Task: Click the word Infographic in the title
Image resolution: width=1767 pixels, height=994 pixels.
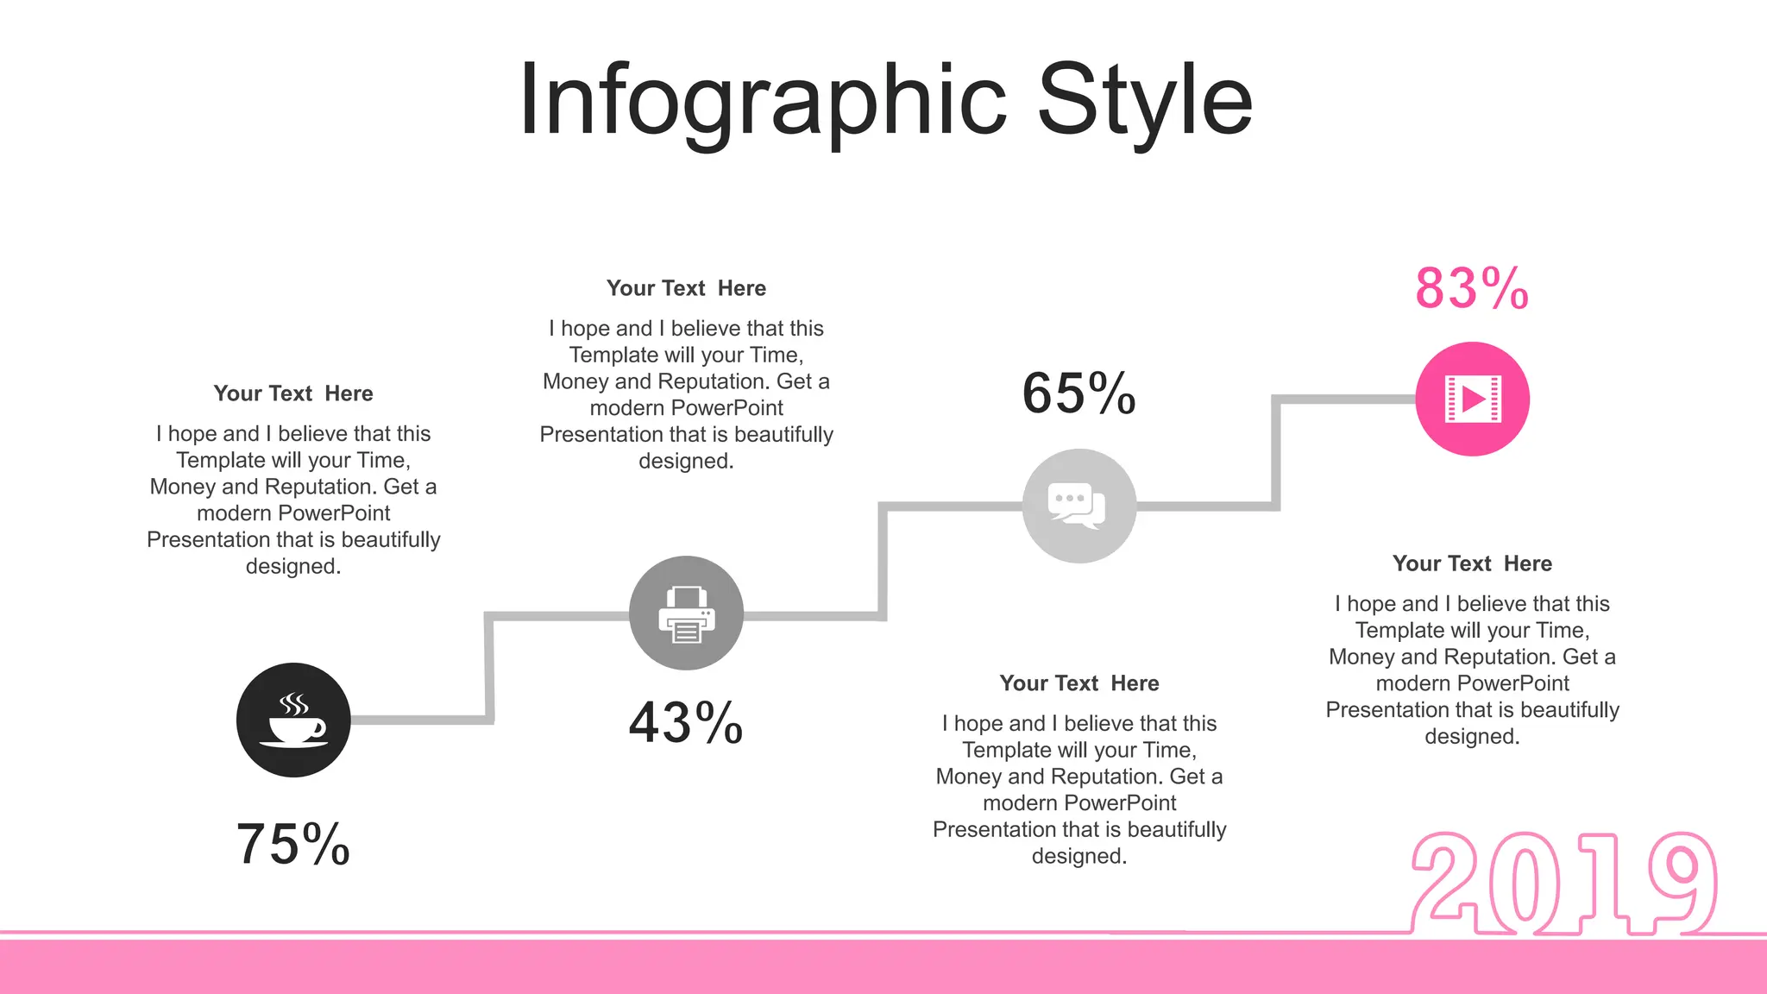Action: click(762, 102)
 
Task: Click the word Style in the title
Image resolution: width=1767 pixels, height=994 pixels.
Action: click(1144, 102)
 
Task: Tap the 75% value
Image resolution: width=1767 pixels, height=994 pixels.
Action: click(293, 844)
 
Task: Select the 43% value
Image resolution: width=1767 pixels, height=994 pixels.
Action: click(686, 722)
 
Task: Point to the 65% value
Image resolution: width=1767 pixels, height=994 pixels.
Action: click(1078, 393)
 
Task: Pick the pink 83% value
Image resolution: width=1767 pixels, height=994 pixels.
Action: click(1472, 288)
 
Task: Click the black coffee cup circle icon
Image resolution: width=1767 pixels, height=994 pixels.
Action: click(293, 720)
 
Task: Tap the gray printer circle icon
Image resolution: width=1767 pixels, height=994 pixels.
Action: click(686, 613)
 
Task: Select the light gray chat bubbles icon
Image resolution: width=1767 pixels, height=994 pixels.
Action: click(1078, 506)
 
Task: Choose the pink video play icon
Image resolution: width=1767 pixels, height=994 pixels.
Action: click(1472, 399)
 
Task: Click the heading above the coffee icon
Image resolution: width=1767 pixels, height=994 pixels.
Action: click(293, 393)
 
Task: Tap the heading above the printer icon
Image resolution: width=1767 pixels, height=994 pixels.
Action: click(686, 288)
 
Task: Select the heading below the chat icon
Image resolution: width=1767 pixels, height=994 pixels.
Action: click(1078, 683)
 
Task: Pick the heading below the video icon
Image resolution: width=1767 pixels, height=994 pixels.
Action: click(1472, 563)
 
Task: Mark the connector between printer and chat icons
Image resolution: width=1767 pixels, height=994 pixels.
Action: click(883, 561)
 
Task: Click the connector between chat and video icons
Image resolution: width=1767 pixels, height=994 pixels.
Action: click(1276, 452)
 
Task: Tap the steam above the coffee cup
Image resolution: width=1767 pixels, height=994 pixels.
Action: click(294, 704)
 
